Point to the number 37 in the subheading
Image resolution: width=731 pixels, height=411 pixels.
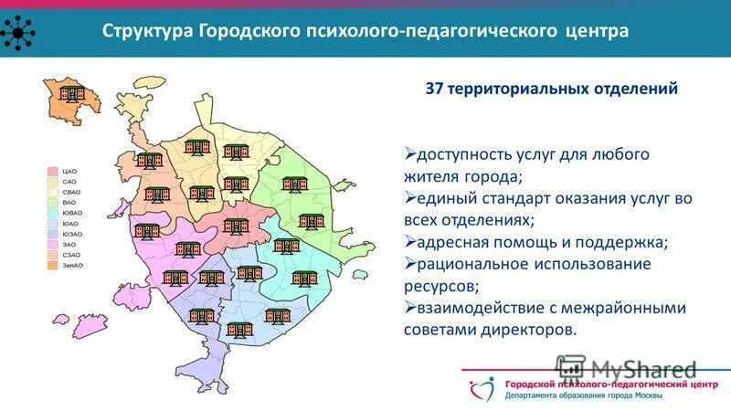[x=436, y=90]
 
